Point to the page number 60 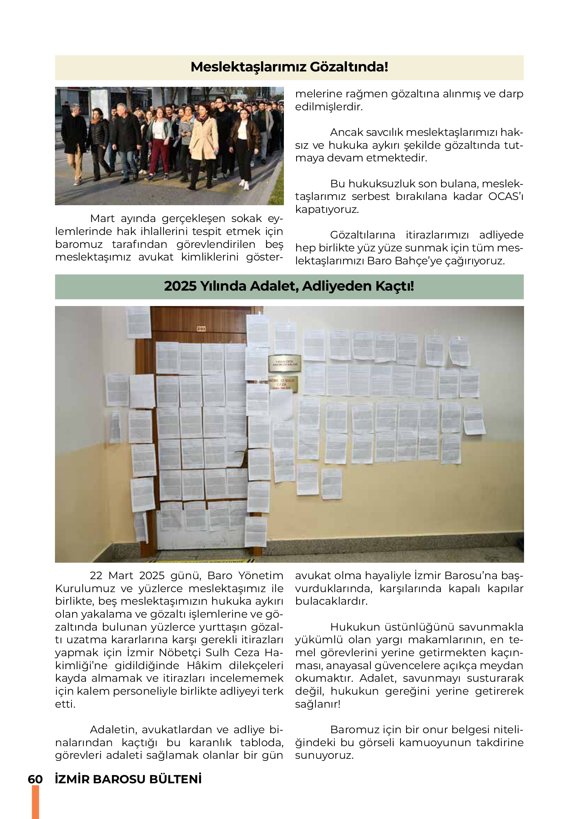(x=35, y=779)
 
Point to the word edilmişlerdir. (x=329, y=107)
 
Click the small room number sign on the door (x=201, y=329)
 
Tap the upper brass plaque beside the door (x=285, y=363)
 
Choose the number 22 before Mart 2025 (x=96, y=576)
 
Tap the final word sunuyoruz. (x=324, y=756)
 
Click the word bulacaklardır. (x=331, y=602)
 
